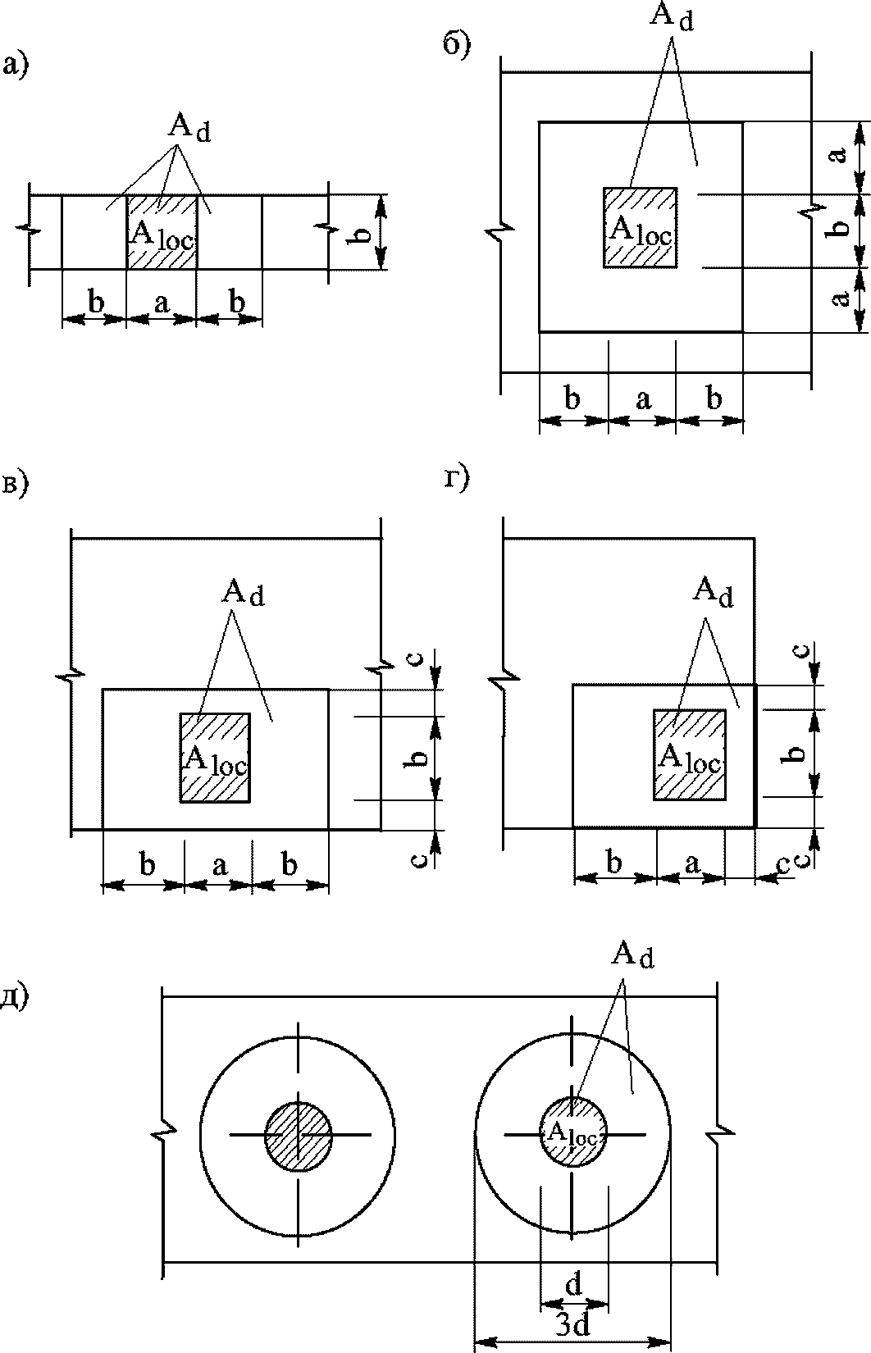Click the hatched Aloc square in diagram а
pyautogui.click(x=162, y=232)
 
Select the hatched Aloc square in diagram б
pyautogui.click(x=641, y=228)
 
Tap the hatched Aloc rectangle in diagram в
pyautogui.click(x=215, y=758)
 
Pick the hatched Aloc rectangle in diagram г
pyautogui.click(x=690, y=755)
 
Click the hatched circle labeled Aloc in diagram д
pyautogui.click(x=572, y=1134)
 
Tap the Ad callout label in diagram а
pyautogui.click(x=189, y=128)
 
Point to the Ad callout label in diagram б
pyautogui.click(x=671, y=17)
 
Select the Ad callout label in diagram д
pyautogui.click(x=632, y=954)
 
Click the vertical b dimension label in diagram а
pyautogui.click(x=361, y=232)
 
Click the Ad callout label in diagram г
pyautogui.click(x=713, y=591)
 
